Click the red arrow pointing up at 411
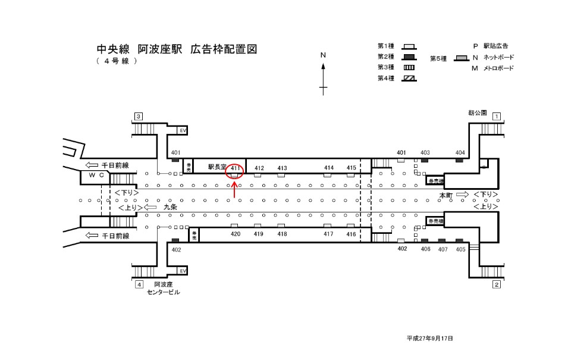235,190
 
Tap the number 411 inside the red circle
236,168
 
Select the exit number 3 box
139,116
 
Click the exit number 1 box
496,117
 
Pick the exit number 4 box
139,284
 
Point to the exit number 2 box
496,284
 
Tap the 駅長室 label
217,168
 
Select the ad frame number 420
235,234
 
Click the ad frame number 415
351,168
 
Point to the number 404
460,153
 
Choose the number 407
443,250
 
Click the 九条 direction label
170,208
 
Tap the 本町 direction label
446,195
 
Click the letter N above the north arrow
324,55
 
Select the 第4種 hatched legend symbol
409,78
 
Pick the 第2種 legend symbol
409,57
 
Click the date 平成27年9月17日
430,338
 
